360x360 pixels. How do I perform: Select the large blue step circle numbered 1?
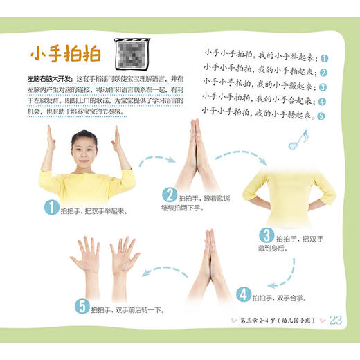[x=48, y=206]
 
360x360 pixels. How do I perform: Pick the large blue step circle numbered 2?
[x=168, y=194]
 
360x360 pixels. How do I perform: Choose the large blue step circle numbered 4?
[x=243, y=293]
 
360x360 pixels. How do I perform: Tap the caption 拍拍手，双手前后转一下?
[x=132, y=305]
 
